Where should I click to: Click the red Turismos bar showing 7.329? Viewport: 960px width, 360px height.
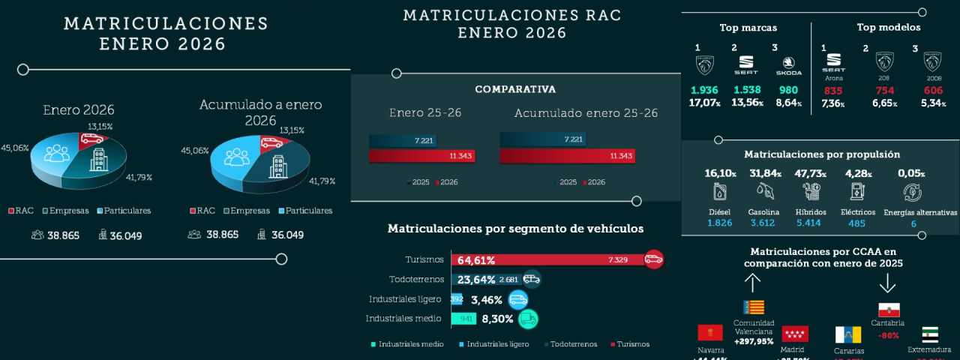point(547,259)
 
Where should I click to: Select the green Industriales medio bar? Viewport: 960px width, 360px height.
point(464,319)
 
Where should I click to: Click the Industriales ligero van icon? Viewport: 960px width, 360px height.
point(517,299)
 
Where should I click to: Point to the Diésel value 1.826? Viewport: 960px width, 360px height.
point(719,223)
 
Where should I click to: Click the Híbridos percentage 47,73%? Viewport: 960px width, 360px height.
point(810,173)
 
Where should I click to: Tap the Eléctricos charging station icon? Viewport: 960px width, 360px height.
point(856,192)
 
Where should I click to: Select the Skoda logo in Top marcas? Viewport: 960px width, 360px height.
point(792,65)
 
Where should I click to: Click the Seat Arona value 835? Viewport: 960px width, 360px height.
point(833,91)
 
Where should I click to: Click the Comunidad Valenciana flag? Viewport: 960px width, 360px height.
point(753,307)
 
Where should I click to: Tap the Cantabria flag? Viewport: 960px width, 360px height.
point(888,310)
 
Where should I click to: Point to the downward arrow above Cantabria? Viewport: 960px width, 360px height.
point(888,283)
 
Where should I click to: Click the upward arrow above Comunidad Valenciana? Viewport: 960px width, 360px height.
point(752,283)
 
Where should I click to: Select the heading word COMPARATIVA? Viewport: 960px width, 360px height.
point(515,89)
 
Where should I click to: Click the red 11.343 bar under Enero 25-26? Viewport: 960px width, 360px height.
point(421,156)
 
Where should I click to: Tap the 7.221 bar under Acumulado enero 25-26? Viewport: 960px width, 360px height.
point(541,139)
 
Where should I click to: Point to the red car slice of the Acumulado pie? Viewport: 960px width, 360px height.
point(271,143)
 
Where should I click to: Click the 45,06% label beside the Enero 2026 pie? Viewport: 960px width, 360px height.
point(15,148)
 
